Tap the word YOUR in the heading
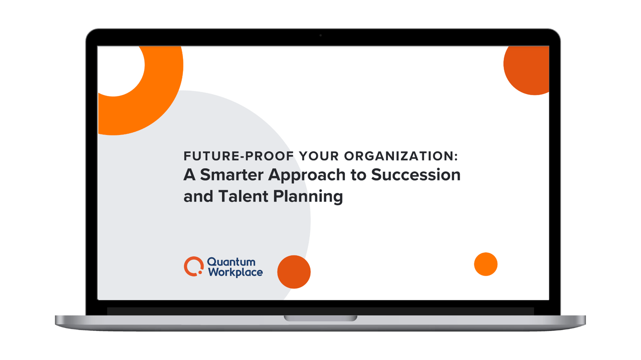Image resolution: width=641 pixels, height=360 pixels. pos(318,156)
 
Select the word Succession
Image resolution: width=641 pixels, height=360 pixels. pos(416,175)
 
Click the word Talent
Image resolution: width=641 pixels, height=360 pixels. pos(243,196)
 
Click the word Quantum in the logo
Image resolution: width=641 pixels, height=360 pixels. pos(231,262)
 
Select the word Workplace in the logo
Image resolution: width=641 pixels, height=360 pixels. pos(235,272)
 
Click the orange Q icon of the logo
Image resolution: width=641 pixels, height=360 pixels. pos(194,266)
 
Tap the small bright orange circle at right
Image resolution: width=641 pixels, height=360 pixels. pos(486,264)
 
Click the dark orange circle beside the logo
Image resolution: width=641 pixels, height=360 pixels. pos(294,272)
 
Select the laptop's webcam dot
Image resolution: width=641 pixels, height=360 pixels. pos(320,35)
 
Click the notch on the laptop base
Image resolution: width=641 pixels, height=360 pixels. pos(320,318)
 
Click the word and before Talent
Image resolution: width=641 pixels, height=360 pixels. pos(198,196)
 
